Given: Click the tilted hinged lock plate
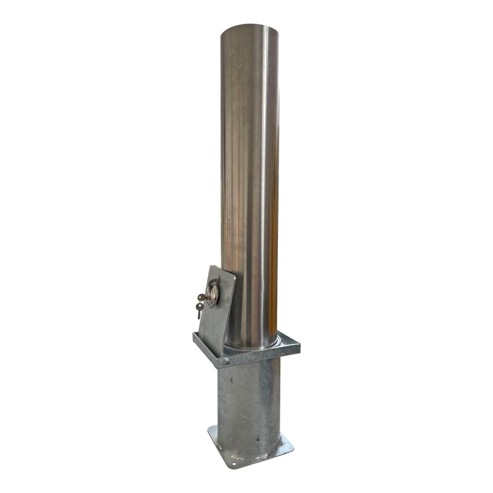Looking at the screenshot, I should point(217,308).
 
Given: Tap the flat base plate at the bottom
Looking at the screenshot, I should point(246,453).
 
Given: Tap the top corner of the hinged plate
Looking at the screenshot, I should point(211,266).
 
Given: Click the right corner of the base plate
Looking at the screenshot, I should point(291,442).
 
